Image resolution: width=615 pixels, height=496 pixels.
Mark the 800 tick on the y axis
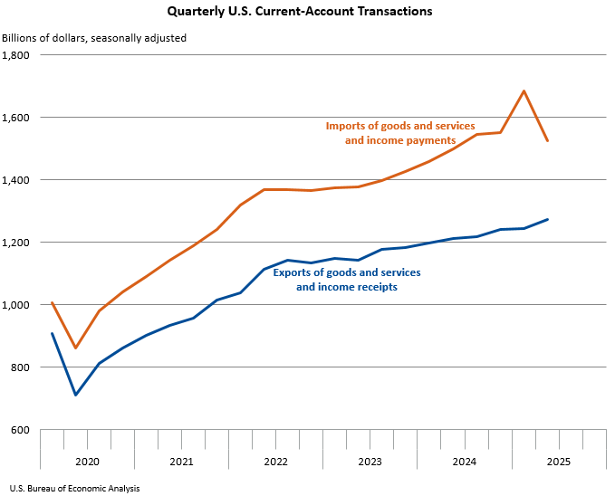coord(21,367)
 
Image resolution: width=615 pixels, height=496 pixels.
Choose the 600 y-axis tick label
coord(21,430)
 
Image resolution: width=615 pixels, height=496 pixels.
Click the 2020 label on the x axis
coord(87,462)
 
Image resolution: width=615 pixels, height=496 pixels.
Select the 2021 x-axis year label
coord(181,462)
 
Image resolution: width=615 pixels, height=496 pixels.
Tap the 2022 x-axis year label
coord(275,462)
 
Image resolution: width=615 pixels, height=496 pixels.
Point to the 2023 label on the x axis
coord(370,462)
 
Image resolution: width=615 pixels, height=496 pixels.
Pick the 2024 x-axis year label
coord(464,462)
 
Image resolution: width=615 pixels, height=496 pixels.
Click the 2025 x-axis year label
coord(558,462)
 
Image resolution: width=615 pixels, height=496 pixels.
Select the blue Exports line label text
coord(360,280)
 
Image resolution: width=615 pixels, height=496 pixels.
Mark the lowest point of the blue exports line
coord(76,395)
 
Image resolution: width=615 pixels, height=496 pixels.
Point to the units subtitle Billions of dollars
coord(94,38)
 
